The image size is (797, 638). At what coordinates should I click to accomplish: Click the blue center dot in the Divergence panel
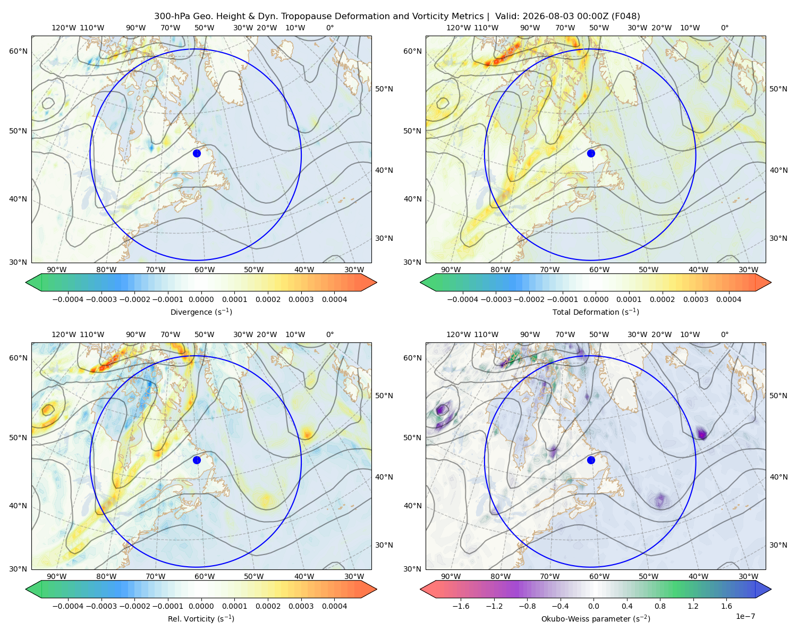click(x=197, y=153)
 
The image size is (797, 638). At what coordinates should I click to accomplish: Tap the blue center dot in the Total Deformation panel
click(x=591, y=153)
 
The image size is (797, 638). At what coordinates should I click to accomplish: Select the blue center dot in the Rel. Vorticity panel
click(x=197, y=460)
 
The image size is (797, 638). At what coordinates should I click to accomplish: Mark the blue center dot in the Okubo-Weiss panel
click(x=591, y=460)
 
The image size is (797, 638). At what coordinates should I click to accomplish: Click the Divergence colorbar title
click(x=201, y=312)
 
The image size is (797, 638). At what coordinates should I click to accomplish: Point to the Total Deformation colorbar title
click(x=596, y=312)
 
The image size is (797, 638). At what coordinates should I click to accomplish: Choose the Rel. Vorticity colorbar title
click(x=201, y=618)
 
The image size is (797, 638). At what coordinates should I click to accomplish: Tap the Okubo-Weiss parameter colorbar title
click(x=596, y=618)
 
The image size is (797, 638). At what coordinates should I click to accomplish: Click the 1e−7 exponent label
click(x=745, y=616)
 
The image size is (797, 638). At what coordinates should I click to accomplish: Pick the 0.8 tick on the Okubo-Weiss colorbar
click(x=660, y=606)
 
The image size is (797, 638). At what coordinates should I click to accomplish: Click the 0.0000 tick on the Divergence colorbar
click(x=201, y=299)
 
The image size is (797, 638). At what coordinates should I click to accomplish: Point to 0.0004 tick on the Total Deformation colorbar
click(x=728, y=299)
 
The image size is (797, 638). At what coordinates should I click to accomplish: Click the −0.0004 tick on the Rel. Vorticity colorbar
click(x=68, y=606)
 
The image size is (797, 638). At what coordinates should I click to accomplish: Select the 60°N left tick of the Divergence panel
click(x=18, y=51)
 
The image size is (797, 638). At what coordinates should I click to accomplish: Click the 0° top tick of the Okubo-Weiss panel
click(x=724, y=334)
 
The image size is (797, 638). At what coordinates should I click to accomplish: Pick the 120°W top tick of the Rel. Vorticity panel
click(x=64, y=334)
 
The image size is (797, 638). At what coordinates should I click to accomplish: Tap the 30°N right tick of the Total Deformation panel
click(x=778, y=238)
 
